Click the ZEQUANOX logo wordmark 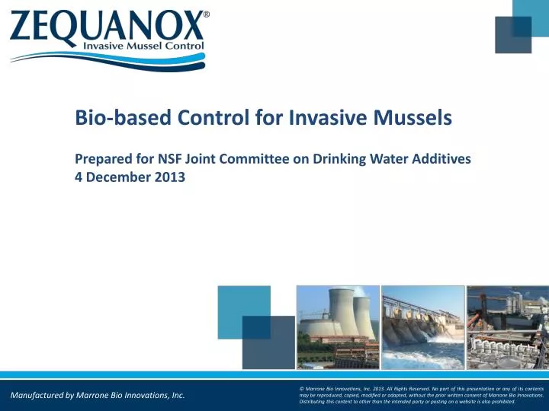coord(107,27)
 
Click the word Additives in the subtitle coord(442,159)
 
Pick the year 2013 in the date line coord(168,178)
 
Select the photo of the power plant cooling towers coord(338,327)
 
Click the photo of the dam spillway coord(422,327)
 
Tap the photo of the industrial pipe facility coord(508,327)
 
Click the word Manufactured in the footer coord(37,396)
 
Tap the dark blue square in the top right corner coord(513,35)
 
